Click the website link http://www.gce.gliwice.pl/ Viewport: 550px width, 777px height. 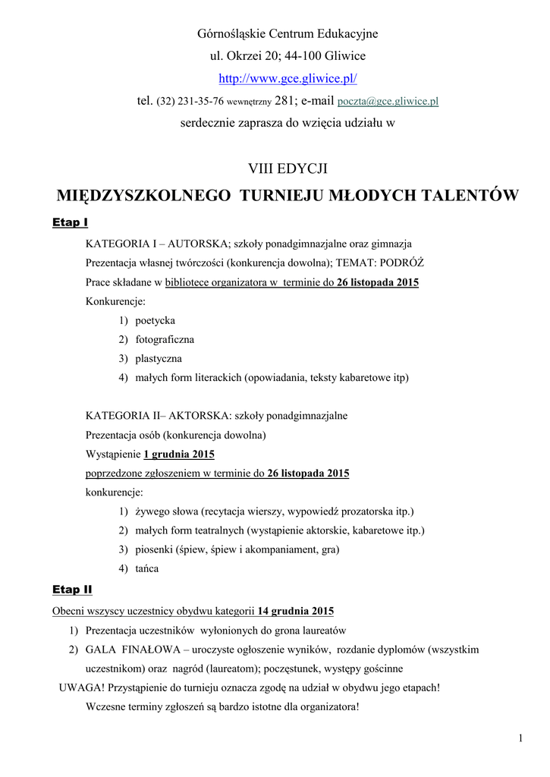coord(288,79)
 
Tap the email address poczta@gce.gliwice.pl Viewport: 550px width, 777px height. coord(388,101)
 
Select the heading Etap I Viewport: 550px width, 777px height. coord(70,222)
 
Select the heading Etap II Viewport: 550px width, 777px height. coord(72,589)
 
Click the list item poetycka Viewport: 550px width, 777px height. coord(155,320)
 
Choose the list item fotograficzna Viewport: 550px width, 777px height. coord(165,339)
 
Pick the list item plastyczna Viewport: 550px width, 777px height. coord(159,358)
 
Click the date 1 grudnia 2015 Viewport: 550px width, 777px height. coord(179,455)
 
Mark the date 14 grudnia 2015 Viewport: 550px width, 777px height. coord(296,611)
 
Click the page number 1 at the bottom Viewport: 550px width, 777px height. coord(521,738)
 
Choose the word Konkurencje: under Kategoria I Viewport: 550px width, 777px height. coord(115,301)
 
